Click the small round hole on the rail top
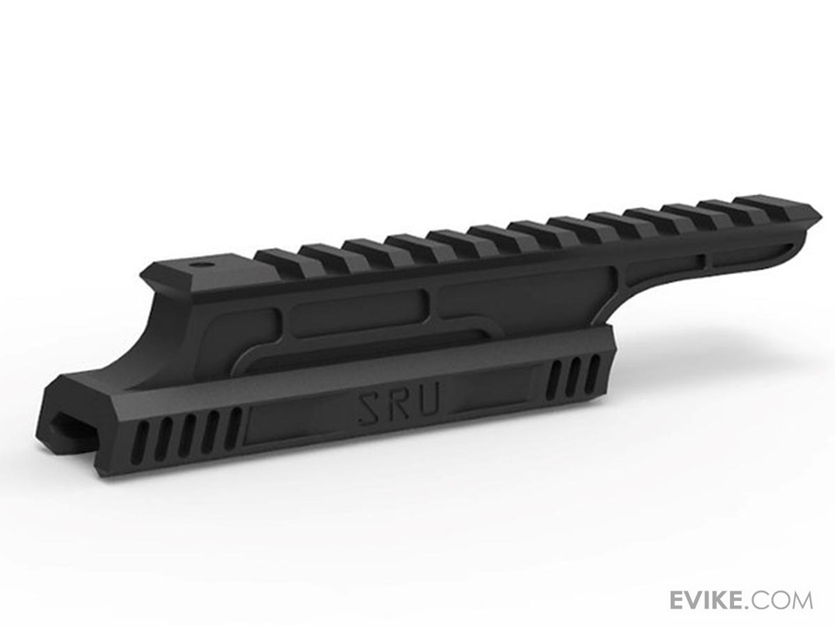coord(201,265)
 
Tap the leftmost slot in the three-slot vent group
coord(555,381)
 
